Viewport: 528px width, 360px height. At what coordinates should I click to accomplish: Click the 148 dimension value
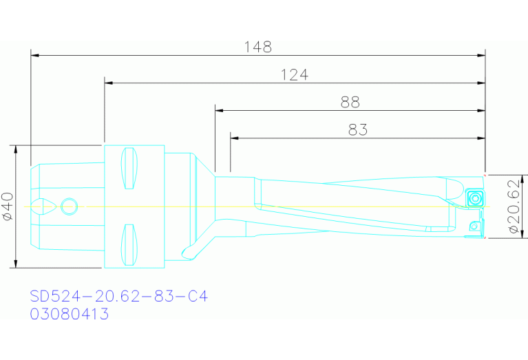(258, 47)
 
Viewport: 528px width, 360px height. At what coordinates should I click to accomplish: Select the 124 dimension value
(294, 74)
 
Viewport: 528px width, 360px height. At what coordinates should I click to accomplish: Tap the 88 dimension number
(350, 103)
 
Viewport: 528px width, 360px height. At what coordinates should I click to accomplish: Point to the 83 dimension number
(357, 129)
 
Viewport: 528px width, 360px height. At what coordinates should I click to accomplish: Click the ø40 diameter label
(8, 206)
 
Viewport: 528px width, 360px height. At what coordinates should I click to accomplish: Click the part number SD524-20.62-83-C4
(118, 297)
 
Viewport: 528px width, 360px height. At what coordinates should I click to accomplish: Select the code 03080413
(69, 314)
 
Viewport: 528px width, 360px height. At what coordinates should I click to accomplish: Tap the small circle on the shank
(69, 206)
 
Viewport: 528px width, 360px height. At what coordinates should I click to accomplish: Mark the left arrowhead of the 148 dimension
(34, 54)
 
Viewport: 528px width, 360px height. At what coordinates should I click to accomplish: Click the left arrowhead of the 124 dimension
(108, 83)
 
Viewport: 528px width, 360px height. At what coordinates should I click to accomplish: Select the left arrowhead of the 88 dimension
(218, 110)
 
